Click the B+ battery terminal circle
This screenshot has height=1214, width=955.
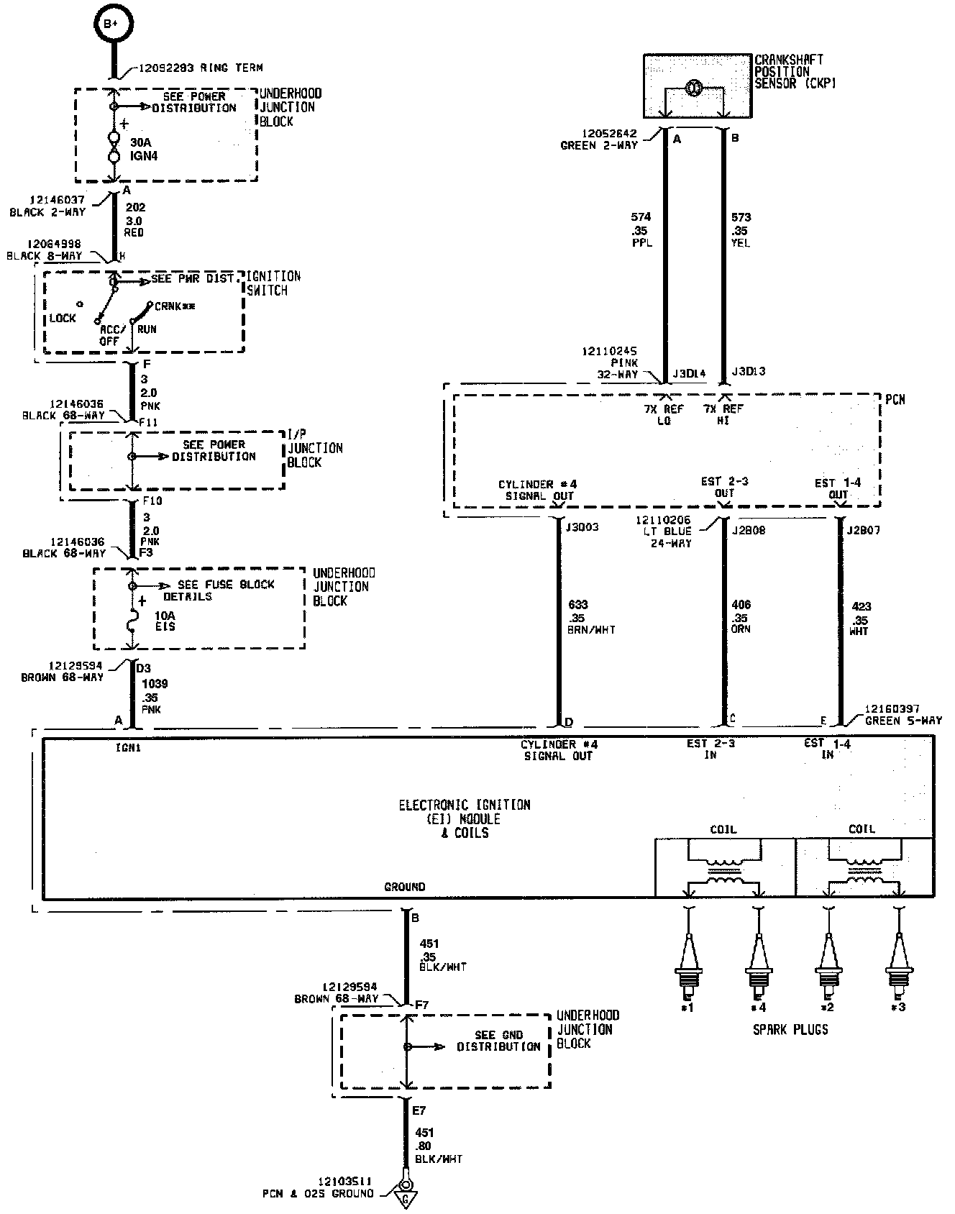(x=111, y=24)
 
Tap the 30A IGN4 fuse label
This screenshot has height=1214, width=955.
(x=143, y=149)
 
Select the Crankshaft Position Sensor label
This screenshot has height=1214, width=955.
(x=789, y=72)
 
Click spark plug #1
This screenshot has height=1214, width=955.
(x=689, y=964)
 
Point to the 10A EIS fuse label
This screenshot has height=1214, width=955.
(x=165, y=621)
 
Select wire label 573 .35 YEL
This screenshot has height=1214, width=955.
(x=740, y=229)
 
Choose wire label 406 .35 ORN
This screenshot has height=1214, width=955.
(x=741, y=617)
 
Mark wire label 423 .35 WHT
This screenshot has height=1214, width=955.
(x=860, y=619)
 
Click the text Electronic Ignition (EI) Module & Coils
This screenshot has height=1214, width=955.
(x=465, y=818)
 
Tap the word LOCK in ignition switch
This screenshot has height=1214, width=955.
(x=63, y=318)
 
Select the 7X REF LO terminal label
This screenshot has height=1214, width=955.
(x=664, y=414)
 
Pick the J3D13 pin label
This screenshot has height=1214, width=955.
(x=749, y=372)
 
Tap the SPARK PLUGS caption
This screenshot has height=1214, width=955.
(x=790, y=1029)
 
